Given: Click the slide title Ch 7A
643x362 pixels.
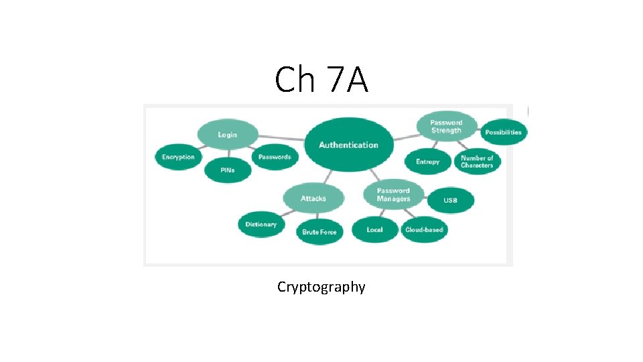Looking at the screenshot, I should pos(321,80).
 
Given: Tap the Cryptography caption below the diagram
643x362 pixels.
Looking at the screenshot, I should pos(321,287).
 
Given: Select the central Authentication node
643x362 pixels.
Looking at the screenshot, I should pos(348,145).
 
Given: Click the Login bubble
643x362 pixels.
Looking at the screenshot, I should pos(227,135).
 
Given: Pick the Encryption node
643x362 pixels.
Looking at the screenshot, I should pos(178,158).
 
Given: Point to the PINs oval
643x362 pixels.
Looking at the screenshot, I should pos(227,170).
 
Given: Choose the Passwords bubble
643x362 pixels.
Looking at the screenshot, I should pos(275,157).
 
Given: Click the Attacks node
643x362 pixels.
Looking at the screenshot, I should pos(313,198).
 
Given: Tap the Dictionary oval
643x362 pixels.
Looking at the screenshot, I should pos(261,225).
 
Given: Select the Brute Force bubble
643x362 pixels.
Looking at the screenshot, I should pos(319,232).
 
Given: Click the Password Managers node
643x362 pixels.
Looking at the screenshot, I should pos(393,194).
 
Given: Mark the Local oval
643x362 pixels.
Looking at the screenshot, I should pos(374,230).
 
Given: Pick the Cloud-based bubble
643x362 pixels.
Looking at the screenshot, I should pos(424,230).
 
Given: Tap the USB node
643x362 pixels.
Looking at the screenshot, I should pos(450,200).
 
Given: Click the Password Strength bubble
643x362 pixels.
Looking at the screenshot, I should pos(446,126).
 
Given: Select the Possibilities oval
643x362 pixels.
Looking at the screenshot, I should pos(503,132).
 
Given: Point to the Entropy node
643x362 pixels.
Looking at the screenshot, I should pos(427,162).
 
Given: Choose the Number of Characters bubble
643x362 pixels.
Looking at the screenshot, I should pos(477,162).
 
